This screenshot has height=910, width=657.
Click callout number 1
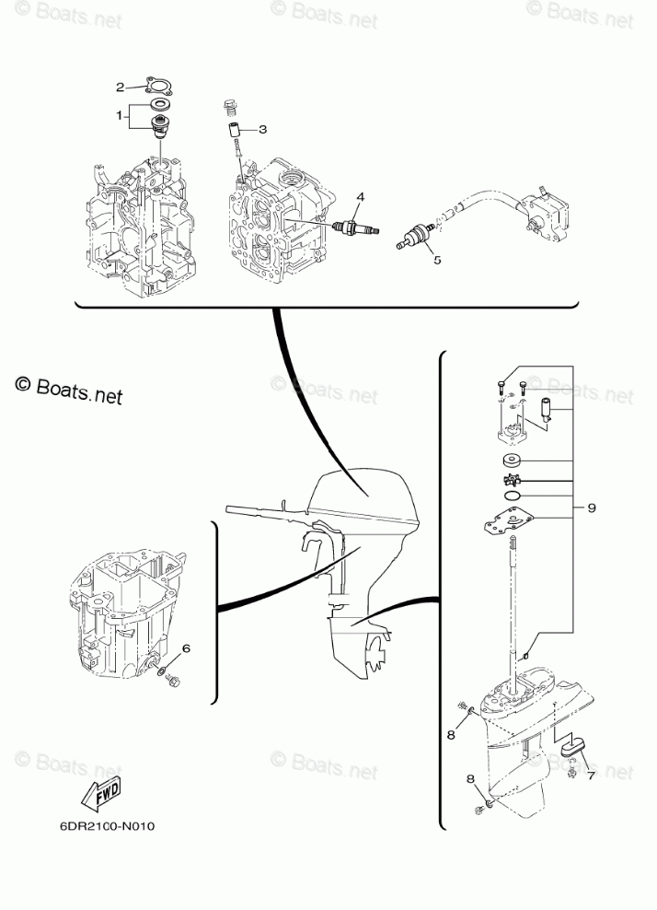pos(119,116)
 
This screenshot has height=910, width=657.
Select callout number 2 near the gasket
pos(120,87)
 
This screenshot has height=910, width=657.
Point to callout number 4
pos(361,197)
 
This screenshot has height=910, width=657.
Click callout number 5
pos(437,260)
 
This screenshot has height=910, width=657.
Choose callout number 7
pos(591,776)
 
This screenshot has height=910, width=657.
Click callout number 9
pos(593,507)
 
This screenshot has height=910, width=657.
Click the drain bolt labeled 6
pos(173,682)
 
